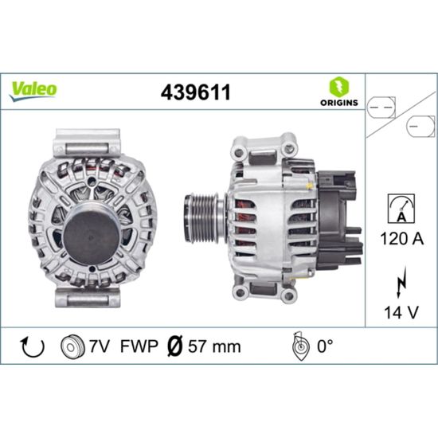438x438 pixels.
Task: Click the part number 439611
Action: (x=196, y=92)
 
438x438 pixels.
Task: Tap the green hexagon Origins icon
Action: (x=339, y=86)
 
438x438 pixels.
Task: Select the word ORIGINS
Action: (x=339, y=103)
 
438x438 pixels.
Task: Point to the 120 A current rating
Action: (x=401, y=239)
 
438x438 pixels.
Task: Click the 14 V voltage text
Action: (x=401, y=312)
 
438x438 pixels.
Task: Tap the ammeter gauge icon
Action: (x=401, y=209)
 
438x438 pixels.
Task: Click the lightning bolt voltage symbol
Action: (x=401, y=282)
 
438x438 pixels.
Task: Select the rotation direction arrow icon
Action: (x=33, y=347)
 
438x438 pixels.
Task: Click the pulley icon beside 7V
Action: (x=72, y=346)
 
